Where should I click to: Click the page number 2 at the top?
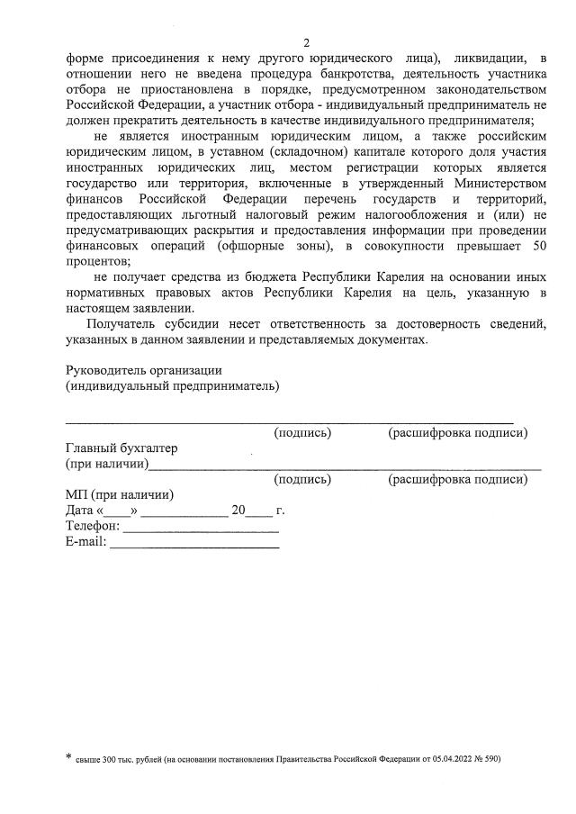[306, 42]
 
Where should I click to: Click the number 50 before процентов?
[538, 248]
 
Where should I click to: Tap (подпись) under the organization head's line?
[302, 433]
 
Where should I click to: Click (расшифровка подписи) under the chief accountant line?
[457, 480]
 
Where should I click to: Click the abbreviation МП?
[76, 494]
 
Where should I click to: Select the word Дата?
[81, 511]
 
